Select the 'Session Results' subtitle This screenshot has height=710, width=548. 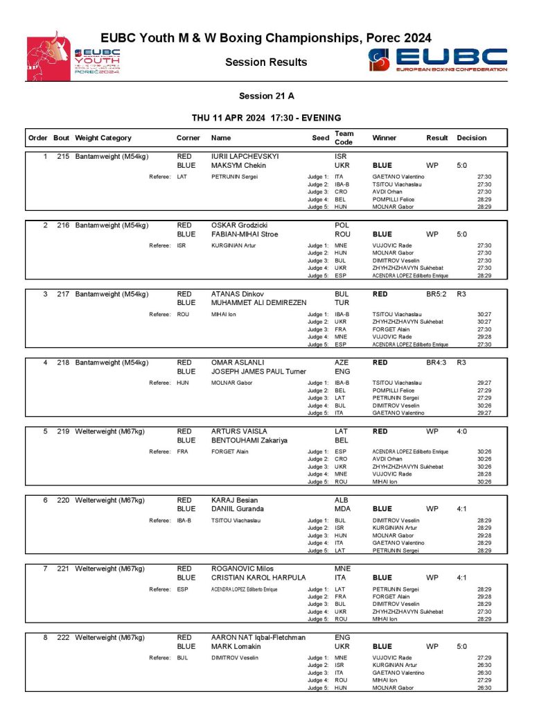(x=266, y=62)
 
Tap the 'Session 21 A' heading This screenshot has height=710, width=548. (x=266, y=96)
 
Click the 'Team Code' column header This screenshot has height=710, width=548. (x=344, y=137)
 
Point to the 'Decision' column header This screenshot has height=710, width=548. (x=472, y=138)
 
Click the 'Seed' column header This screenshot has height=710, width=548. (x=320, y=138)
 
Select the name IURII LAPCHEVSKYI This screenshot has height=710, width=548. (x=245, y=157)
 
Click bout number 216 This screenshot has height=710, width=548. (x=63, y=225)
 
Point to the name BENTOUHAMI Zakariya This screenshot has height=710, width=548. (x=250, y=440)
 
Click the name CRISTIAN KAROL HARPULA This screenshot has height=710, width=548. (x=258, y=578)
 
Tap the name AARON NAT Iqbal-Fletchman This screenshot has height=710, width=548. (x=258, y=637)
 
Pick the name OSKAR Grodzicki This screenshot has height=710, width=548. (x=239, y=225)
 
